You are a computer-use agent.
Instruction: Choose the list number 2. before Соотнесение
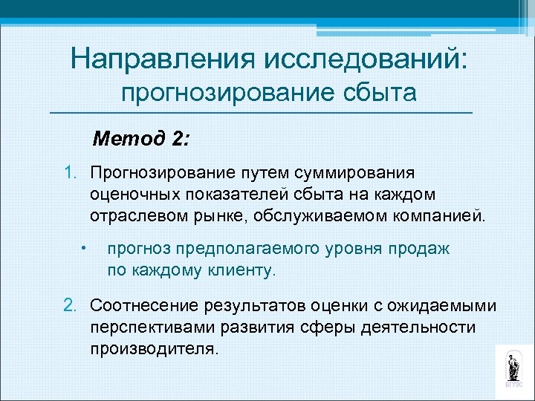[x=71, y=304]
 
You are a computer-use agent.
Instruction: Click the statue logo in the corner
[x=513, y=368]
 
